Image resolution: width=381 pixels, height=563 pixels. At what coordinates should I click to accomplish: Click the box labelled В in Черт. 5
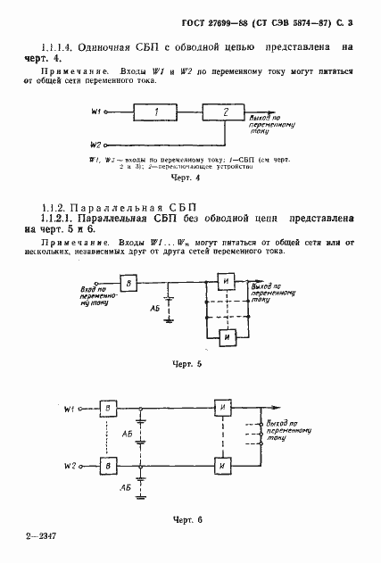tap(129, 284)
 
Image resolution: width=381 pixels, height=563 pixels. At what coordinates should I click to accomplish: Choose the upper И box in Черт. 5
tap(229, 284)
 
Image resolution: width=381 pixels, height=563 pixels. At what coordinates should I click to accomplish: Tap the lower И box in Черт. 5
tap(229, 337)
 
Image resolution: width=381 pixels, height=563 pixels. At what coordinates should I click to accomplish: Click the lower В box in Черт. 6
tap(109, 467)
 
